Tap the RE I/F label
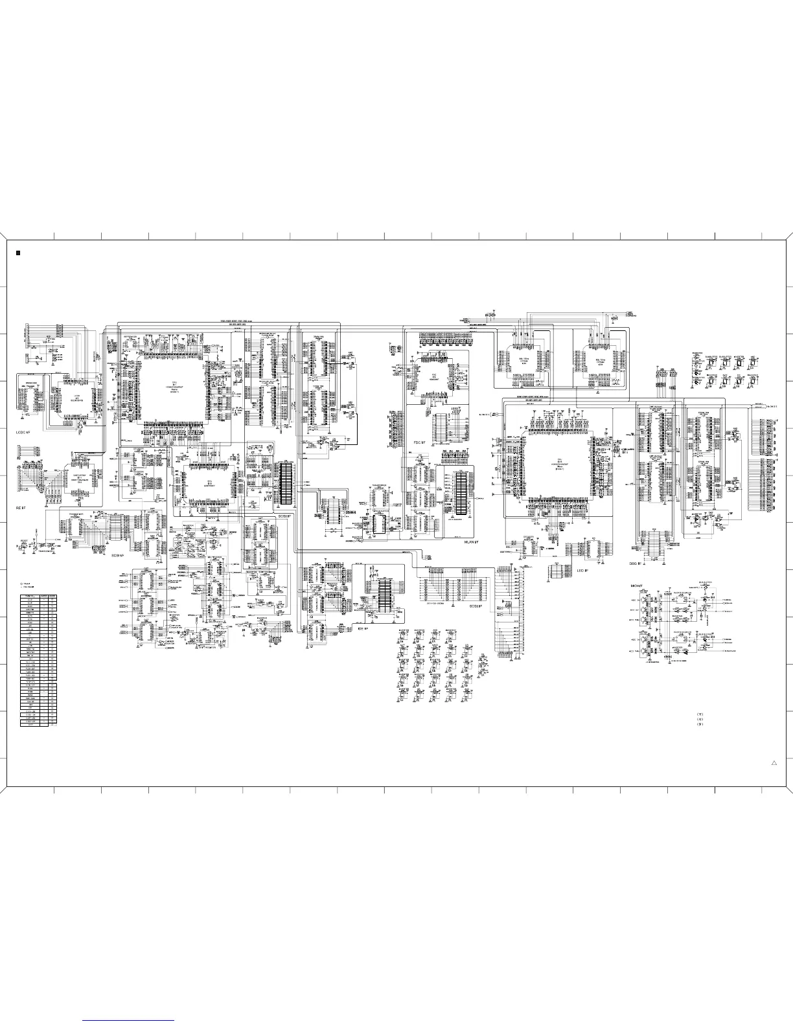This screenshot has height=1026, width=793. point(21,509)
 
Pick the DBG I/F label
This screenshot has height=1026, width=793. point(637,564)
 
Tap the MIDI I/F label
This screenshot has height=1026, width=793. point(638,586)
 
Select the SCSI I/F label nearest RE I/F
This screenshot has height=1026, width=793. point(117,555)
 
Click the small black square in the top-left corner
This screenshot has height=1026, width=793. point(19,253)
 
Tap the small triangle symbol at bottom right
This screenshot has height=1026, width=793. point(774,764)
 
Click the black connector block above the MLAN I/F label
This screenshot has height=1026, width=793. point(461,492)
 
